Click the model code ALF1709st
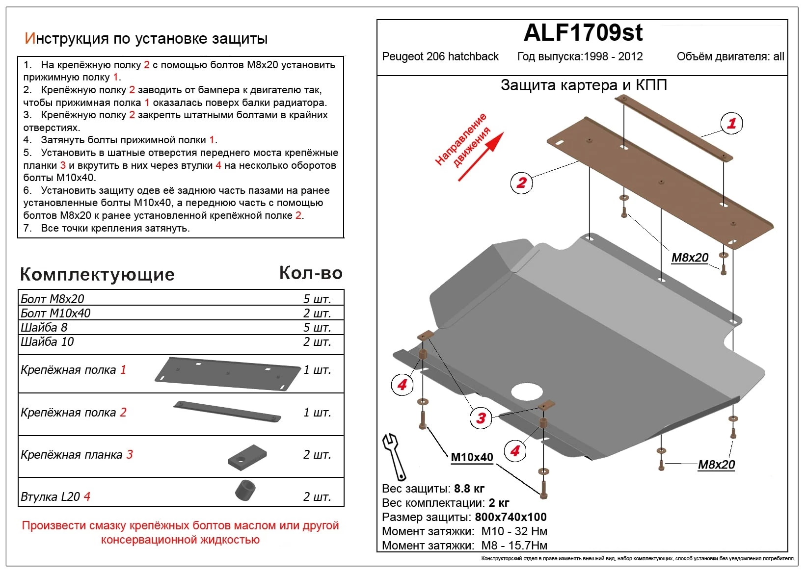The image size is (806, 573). [x=583, y=33]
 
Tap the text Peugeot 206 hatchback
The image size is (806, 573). [x=440, y=57]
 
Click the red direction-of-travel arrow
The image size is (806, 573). [x=481, y=156]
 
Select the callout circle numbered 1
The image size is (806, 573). [x=731, y=123]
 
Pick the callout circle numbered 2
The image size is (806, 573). [x=521, y=183]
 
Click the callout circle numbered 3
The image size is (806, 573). [x=481, y=418]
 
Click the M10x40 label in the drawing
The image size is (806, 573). [x=472, y=457]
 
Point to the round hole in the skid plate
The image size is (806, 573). [x=527, y=391]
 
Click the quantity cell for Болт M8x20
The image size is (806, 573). [x=317, y=299]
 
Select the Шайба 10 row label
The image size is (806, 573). [x=47, y=342]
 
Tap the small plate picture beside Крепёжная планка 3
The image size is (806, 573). [x=247, y=457]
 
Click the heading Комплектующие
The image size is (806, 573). [x=97, y=274]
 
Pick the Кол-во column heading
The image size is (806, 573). [x=311, y=273]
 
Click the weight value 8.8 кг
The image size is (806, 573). [x=469, y=489]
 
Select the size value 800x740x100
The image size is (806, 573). [x=510, y=517]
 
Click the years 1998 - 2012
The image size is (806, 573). [x=613, y=57]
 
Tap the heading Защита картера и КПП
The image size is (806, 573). [x=583, y=85]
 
